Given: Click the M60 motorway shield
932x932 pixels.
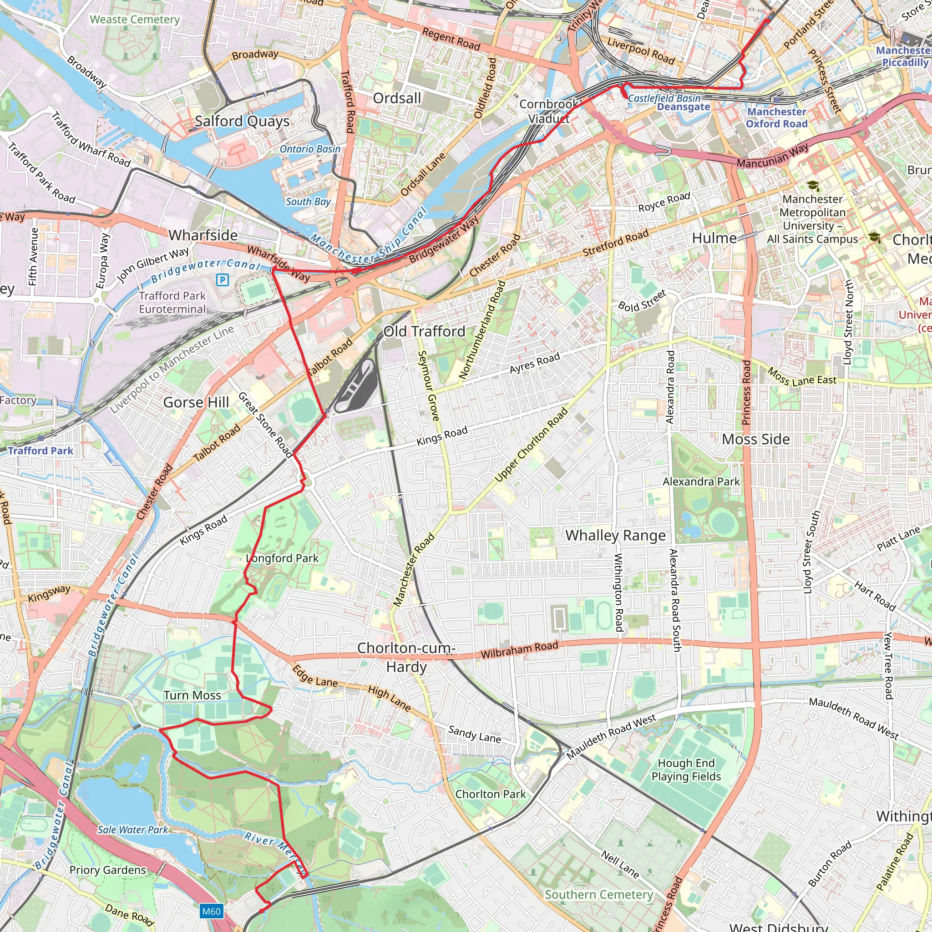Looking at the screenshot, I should tap(211, 911).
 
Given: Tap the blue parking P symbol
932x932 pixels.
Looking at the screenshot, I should tap(223, 279).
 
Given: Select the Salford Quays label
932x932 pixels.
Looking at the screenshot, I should tap(242, 121).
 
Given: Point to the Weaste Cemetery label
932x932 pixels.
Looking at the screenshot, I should tap(135, 20).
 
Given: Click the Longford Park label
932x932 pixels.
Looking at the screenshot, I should tap(282, 558).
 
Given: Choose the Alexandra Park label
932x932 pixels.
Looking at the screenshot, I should tap(701, 481).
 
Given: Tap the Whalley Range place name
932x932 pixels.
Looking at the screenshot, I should tap(616, 536).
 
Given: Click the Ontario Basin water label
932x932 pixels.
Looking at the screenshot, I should tap(310, 149).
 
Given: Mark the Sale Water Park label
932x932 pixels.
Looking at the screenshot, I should tap(133, 830).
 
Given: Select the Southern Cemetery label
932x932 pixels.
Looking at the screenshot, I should tap(599, 894).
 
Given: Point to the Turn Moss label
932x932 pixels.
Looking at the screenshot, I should tap(192, 695).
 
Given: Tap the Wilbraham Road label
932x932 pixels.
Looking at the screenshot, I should tap(519, 650).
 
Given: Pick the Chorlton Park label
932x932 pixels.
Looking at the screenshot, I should tap(490, 794).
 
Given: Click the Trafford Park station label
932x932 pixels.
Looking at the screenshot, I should tap(41, 451).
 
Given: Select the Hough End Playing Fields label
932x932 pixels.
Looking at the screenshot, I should tap(686, 770).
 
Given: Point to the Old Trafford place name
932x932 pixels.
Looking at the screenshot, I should tap(425, 331).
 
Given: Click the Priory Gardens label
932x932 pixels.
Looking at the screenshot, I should tap(107, 870).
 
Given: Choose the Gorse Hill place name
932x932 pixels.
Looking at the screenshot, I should tap(196, 402).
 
